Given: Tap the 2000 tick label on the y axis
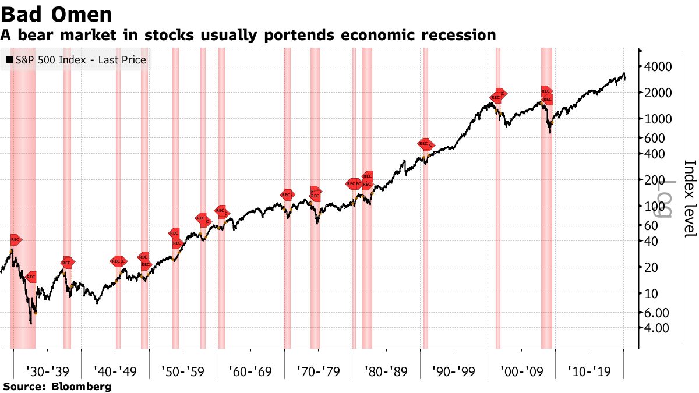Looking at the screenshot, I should [x=659, y=93].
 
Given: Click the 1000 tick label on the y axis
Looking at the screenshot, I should [x=659, y=119].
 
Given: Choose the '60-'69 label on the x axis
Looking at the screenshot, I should [x=250, y=370].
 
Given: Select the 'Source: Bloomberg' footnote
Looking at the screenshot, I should [x=57, y=387].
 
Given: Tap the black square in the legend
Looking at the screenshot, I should [x=10, y=59].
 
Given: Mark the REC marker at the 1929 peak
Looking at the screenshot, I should [x=16, y=239].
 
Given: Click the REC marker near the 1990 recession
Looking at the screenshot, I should [x=425, y=144].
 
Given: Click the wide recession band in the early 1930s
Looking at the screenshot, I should [x=23, y=198].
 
